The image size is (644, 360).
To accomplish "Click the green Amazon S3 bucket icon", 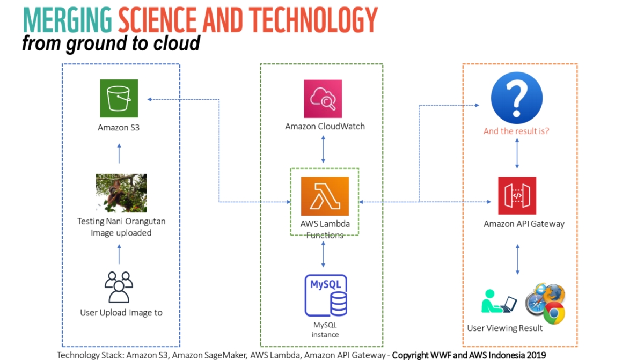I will click(119, 98).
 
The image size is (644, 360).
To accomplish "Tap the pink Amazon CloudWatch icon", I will click(323, 99).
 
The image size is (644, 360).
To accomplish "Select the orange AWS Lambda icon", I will click(325, 196).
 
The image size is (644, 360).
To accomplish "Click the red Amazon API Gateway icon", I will click(517, 195).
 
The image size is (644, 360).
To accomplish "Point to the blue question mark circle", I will click(516, 98).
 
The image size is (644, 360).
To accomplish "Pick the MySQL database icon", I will click(326, 295).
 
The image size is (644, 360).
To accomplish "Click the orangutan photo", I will click(121, 193).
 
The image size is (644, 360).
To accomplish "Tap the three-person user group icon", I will click(119, 287).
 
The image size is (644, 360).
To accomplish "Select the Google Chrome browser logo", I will click(554, 313).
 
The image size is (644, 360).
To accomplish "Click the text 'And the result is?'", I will click(516, 131).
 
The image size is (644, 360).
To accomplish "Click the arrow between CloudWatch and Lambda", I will click(323, 149).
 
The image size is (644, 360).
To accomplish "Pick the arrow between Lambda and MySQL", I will click(323, 254).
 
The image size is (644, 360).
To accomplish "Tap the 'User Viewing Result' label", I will click(505, 328).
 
